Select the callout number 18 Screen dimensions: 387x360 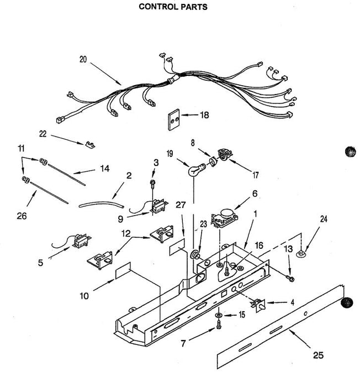(x=205, y=116)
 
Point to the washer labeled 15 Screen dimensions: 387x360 (x=220, y=316)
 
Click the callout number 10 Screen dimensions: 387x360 (x=84, y=296)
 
